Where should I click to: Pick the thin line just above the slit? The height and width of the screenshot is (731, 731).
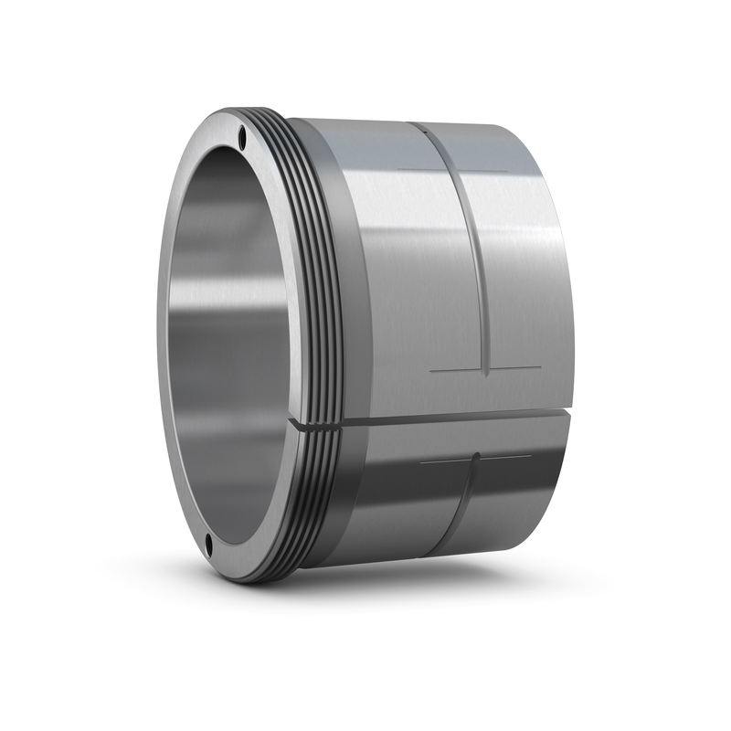(x=484, y=370)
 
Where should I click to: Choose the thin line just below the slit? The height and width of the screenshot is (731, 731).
(x=475, y=457)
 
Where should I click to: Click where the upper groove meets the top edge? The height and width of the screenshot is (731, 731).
(x=416, y=124)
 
